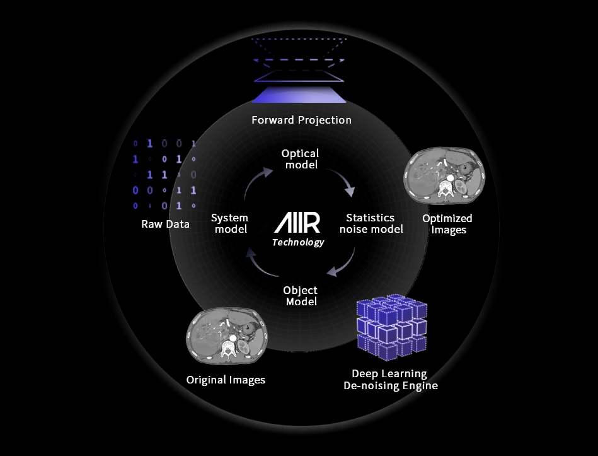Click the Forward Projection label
[x=301, y=120]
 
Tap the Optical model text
[x=301, y=159]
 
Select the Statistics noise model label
[x=371, y=223]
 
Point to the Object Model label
[x=301, y=296]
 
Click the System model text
[x=229, y=223]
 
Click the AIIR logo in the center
[x=297, y=223]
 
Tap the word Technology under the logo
[x=298, y=242]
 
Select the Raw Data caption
[x=166, y=224]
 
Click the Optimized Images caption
[x=447, y=224]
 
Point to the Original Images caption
[x=226, y=380]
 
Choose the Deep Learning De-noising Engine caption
[x=391, y=380]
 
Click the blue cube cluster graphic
[x=392, y=327]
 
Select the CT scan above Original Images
[x=227, y=336]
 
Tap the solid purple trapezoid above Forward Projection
[x=299, y=95]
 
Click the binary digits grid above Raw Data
[x=164, y=175]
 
